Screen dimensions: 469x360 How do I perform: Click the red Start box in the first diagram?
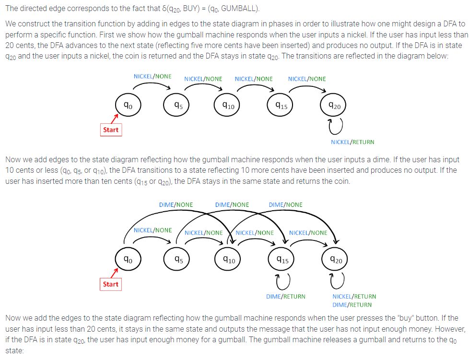click(x=111, y=130)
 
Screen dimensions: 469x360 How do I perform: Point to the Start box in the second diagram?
click(x=111, y=284)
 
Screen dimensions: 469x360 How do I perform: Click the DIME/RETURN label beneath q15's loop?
click(x=286, y=297)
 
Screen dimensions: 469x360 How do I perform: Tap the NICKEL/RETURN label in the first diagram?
click(x=352, y=142)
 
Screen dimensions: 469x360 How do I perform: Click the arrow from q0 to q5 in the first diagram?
click(x=152, y=84)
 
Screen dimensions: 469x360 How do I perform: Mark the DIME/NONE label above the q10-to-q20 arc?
click(x=285, y=205)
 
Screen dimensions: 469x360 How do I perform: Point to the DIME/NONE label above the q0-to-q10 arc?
click(x=176, y=205)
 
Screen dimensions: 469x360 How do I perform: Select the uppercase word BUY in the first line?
click(x=189, y=8)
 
